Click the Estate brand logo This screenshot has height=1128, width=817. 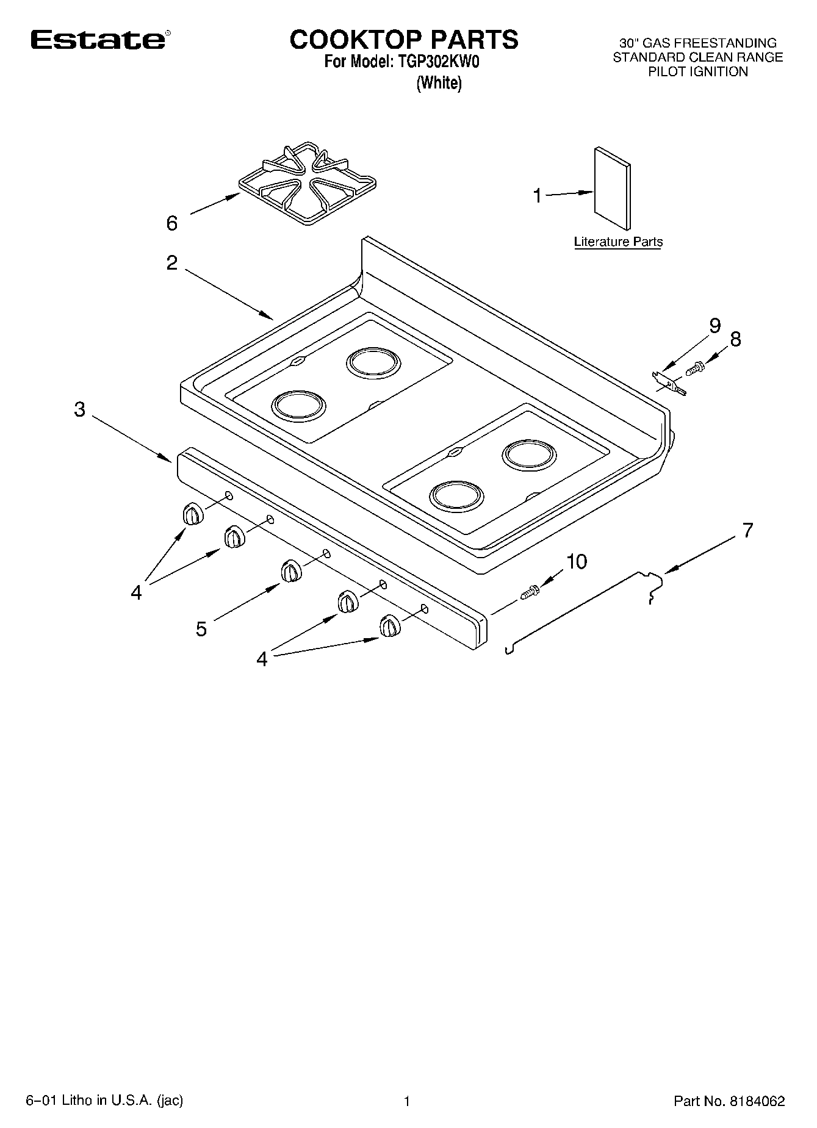point(98,40)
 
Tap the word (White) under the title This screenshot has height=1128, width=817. point(439,83)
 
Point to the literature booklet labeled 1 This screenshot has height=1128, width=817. point(612,189)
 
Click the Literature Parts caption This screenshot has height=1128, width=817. point(618,242)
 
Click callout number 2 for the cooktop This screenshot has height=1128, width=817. point(172,263)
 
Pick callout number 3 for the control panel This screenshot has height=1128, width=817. point(79,409)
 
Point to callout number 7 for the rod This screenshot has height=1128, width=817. point(748,530)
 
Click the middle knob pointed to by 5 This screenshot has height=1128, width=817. point(291,572)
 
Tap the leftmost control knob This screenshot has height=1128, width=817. point(192,514)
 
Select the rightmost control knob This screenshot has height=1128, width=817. point(389,627)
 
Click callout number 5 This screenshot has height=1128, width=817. point(201,628)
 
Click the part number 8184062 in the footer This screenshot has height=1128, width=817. point(755,1101)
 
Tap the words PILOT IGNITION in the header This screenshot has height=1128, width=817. point(697,72)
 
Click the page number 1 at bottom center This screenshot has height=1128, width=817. point(407,1101)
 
